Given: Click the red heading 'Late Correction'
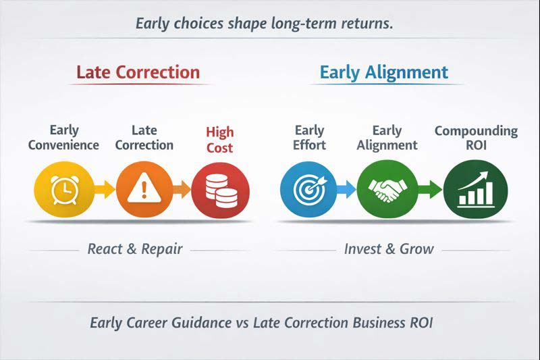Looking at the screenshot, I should coord(138,72).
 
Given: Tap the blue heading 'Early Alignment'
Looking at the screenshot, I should coord(383,72).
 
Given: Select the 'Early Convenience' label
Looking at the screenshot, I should coord(64,138).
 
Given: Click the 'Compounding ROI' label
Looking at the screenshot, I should coord(476,138).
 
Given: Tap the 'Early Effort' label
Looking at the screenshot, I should coord(310,138).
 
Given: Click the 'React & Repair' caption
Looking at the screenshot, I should coord(135,249).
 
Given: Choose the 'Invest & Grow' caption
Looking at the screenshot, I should coord(389,249).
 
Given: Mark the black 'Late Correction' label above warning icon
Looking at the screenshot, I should coord(143,138).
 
